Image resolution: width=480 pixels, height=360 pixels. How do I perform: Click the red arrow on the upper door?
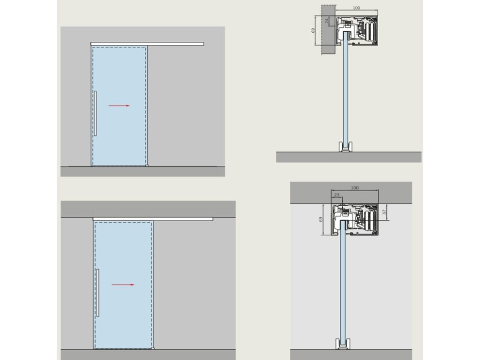[119, 106]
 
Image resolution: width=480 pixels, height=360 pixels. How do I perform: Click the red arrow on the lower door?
[123, 285]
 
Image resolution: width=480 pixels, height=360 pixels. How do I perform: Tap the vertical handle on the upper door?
[95, 113]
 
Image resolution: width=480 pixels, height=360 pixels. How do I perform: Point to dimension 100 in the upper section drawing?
[357, 8]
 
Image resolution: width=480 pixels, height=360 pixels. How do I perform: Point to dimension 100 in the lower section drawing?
[354, 188]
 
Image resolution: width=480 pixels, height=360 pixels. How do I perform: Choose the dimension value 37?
[384, 212]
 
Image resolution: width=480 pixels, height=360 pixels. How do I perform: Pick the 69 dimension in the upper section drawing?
[313, 30]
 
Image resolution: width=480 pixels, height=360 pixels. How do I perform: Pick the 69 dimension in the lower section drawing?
[321, 219]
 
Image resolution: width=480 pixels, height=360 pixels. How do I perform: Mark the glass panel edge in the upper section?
[345, 94]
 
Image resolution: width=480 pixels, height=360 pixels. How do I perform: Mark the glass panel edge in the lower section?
[343, 286]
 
